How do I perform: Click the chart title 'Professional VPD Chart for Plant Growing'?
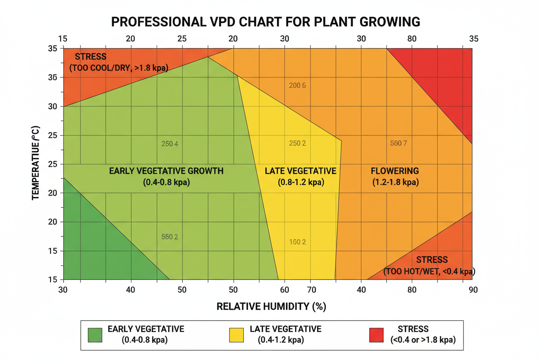pyautogui.click(x=266, y=22)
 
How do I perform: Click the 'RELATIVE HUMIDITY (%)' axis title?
pyautogui.click(x=271, y=306)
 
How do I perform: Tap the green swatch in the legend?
pyautogui.click(x=95, y=334)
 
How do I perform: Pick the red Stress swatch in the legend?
pyautogui.click(x=376, y=334)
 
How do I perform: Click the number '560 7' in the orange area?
pyautogui.click(x=398, y=144)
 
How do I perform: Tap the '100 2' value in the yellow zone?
pyautogui.click(x=297, y=242)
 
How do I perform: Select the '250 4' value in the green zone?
pyautogui.click(x=169, y=144)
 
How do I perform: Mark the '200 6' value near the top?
pyautogui.click(x=297, y=86)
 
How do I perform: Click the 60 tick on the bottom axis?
pyautogui.click(x=284, y=289)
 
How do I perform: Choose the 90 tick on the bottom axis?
pyautogui.click(x=473, y=289)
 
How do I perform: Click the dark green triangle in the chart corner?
pyautogui.click(x=95, y=247)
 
